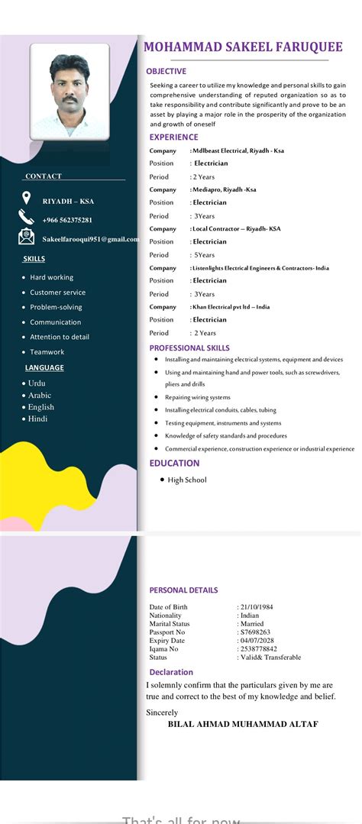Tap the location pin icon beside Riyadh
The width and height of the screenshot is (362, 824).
click(26, 199)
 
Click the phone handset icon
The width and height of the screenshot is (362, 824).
click(26, 218)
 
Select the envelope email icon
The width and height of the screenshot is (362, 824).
click(26, 238)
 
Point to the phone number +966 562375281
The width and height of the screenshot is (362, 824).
click(67, 220)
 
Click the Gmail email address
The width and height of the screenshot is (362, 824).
click(90, 239)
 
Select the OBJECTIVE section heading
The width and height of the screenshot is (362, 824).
click(166, 71)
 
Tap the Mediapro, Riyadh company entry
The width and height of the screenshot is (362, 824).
click(225, 189)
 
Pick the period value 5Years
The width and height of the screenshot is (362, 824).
click(204, 254)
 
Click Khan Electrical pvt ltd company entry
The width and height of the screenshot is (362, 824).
click(231, 306)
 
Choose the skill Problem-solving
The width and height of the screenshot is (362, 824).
click(56, 307)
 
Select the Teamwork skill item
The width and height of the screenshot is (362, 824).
click(47, 352)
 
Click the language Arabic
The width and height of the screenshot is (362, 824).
click(40, 395)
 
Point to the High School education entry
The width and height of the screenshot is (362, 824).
click(187, 480)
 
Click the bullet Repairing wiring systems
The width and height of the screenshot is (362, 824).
click(197, 397)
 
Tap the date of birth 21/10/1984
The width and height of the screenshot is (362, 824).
click(257, 607)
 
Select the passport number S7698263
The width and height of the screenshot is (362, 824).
click(255, 632)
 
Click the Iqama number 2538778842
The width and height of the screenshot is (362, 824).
click(259, 649)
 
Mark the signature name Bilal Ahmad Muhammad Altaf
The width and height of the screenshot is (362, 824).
click(243, 724)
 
